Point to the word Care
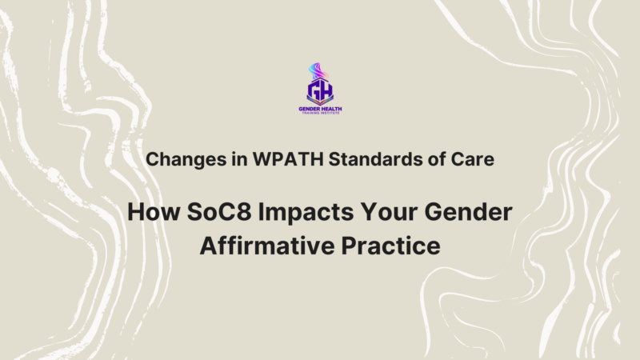coord(475,159)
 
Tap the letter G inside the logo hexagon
coord(314,89)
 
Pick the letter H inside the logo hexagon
coord(326,89)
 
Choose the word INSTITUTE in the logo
coord(334,113)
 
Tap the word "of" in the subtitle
coord(436,159)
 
